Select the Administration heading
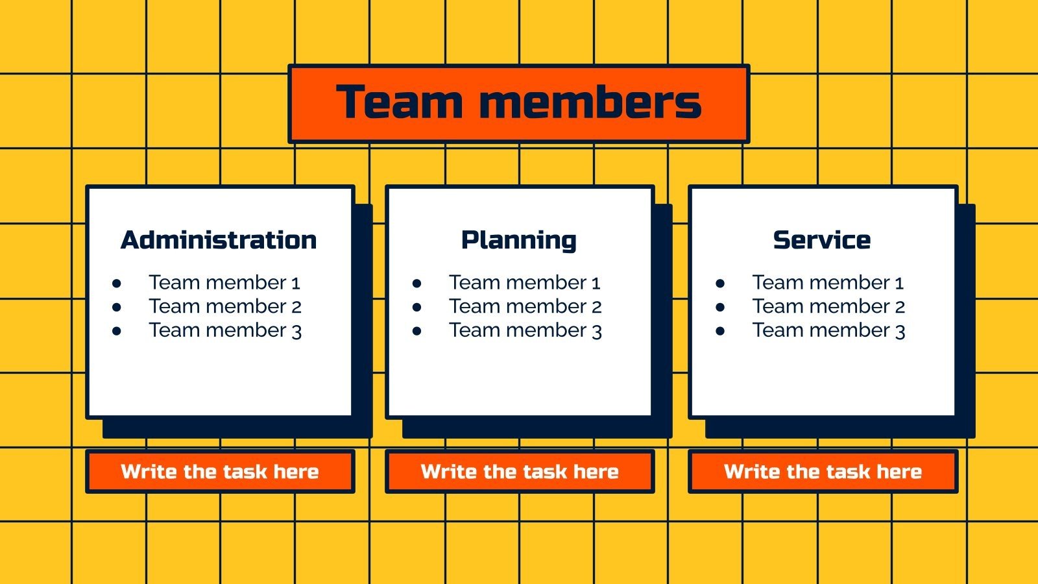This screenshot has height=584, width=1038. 219,240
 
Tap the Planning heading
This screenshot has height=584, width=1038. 518,240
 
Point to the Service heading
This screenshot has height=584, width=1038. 821,240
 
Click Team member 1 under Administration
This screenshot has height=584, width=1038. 224,283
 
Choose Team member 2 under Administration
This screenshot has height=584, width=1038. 225,306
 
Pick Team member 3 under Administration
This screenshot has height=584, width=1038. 225,330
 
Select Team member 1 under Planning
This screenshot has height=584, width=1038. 525,283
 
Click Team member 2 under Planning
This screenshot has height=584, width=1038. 525,306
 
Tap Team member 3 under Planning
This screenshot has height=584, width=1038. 525,330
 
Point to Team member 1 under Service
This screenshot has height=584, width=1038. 828,283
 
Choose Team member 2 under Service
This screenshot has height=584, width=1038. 828,306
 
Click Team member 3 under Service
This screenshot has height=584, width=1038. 828,330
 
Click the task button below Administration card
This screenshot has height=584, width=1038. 220,472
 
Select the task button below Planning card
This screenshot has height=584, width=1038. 520,472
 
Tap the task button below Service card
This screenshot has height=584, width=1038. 823,472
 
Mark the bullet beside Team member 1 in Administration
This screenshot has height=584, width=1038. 117,284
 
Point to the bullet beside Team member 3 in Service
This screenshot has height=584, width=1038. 720,331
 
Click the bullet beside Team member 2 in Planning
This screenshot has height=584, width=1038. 416,307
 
